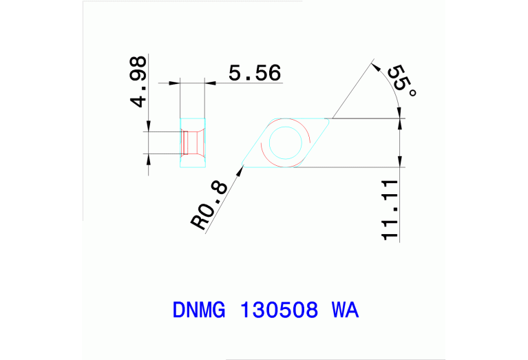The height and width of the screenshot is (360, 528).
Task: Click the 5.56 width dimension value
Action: [255, 72]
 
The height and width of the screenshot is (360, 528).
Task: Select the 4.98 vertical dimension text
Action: [138, 82]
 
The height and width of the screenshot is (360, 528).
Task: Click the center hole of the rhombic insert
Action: [285, 143]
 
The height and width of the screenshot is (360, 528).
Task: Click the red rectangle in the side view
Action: [185, 143]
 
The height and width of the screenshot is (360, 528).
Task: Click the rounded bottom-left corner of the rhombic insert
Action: [244, 165]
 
